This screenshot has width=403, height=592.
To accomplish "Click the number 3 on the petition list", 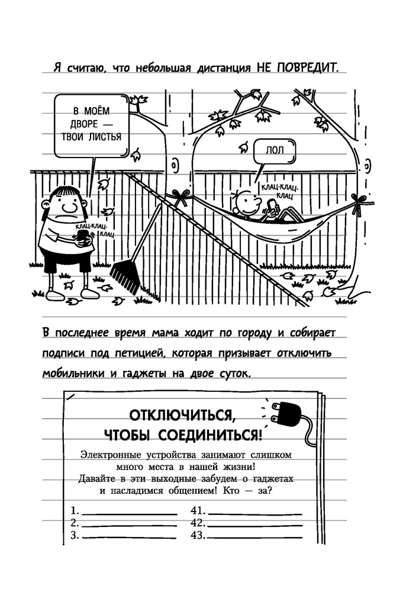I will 74,535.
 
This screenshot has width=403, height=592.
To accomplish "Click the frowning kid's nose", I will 70,207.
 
